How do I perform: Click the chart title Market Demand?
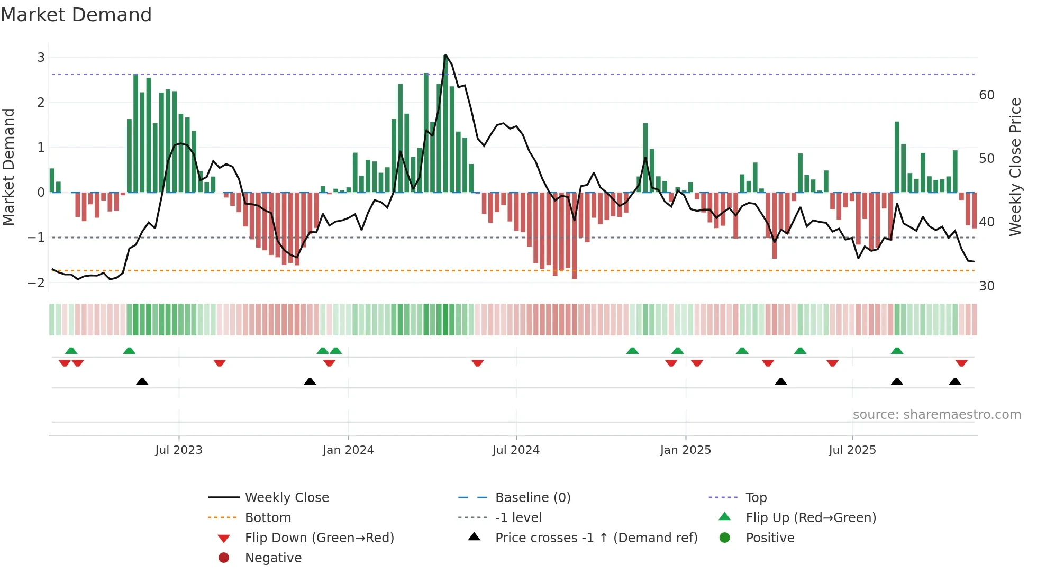(76, 15)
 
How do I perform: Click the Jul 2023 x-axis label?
(179, 450)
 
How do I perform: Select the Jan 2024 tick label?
(348, 450)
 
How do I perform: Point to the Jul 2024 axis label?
(516, 450)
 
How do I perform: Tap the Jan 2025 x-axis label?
(686, 450)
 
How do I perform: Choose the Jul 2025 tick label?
(852, 450)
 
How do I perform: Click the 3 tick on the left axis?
(41, 57)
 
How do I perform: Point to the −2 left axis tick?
(36, 283)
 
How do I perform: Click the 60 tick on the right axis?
(987, 95)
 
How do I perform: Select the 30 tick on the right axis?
(987, 286)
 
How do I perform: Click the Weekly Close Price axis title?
(1015, 167)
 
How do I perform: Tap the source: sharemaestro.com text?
(936, 415)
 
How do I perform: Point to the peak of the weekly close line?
(445, 55)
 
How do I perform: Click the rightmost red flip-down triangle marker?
(961, 363)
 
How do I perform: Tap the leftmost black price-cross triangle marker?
(142, 381)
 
